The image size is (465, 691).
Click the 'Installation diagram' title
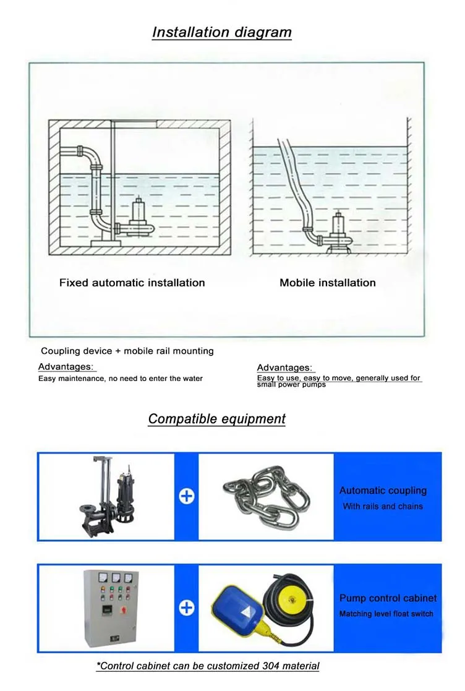pos(221,32)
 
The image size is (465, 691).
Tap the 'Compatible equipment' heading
pos(216,419)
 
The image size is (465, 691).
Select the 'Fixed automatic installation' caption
pos(132,283)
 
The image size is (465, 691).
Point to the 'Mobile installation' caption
pos(327,283)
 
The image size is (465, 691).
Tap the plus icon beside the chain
pos(186,496)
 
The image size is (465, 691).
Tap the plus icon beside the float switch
pos(186,607)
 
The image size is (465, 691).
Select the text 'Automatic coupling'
pos(383,491)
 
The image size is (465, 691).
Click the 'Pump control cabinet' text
pos(388,598)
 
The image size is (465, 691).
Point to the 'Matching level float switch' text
pos(386,614)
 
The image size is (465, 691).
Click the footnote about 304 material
pos(208,666)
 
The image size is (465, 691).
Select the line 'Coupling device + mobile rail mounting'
pos(127,351)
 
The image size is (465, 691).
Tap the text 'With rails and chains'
pos(383,506)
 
